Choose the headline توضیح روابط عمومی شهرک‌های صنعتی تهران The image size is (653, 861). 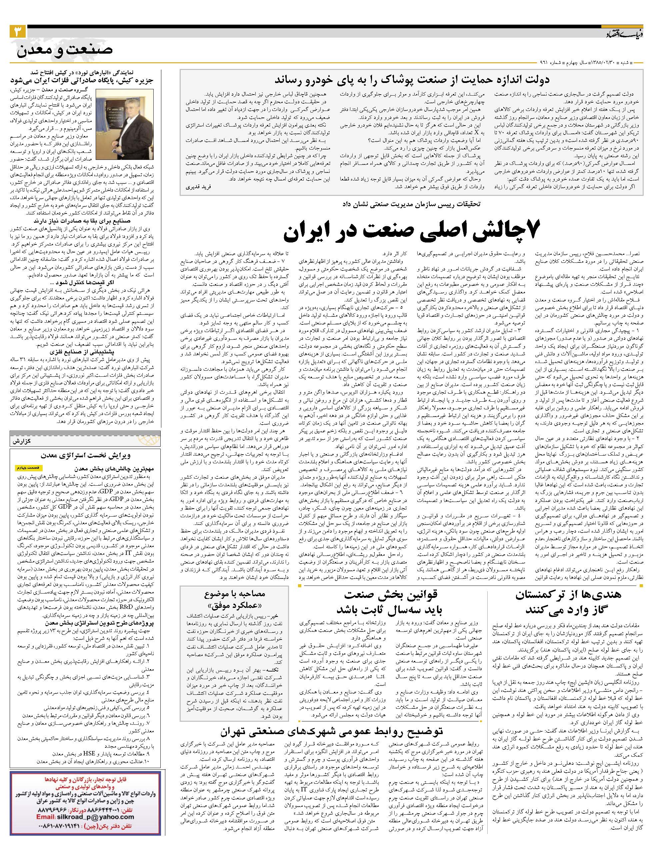point(331,731)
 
